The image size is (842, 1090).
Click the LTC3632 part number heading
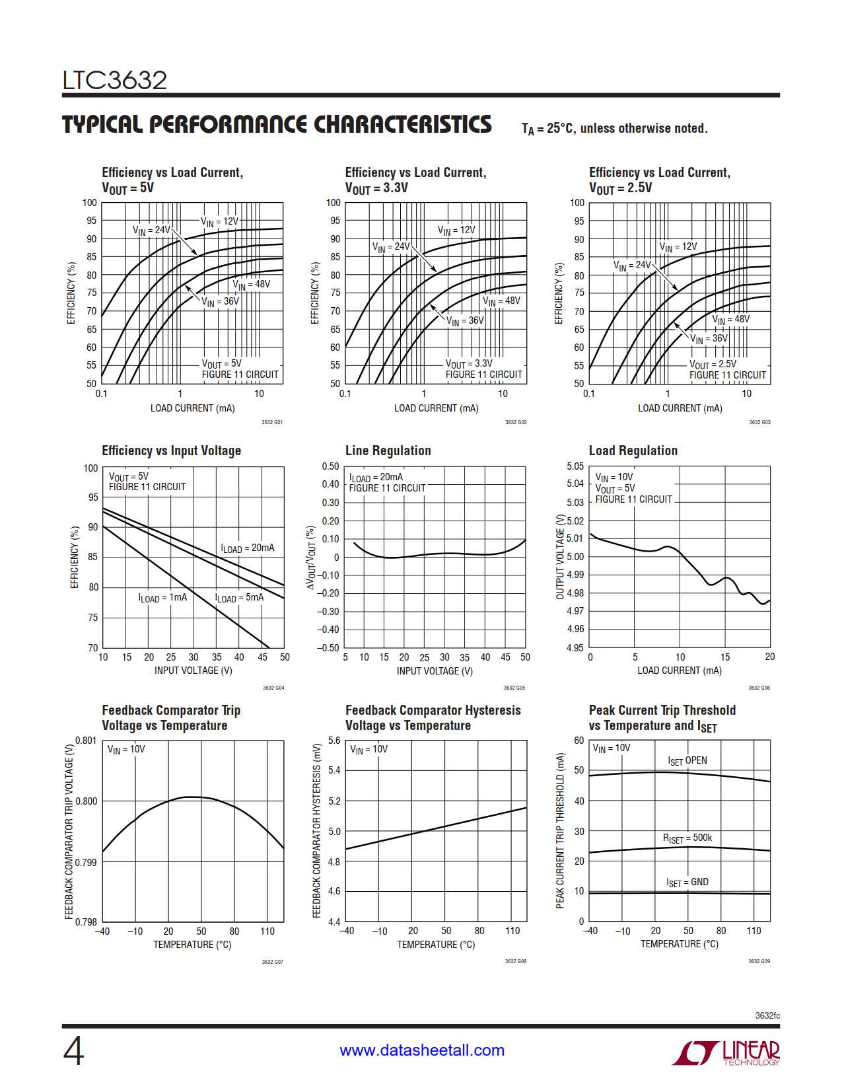[x=115, y=81]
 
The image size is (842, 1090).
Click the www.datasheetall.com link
[x=422, y=1050]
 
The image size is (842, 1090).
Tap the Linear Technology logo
[x=726, y=1052]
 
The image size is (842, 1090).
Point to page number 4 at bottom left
[x=73, y=1051]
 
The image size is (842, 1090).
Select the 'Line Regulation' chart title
[x=388, y=451]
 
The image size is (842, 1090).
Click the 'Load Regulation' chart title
[x=633, y=451]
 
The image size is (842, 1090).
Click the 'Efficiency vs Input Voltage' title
[x=171, y=451]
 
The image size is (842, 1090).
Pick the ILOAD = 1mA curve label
[x=162, y=598]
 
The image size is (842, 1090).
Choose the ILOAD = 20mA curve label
[x=248, y=548]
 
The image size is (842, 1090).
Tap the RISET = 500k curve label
[x=687, y=838]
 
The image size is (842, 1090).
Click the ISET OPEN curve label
[x=687, y=761]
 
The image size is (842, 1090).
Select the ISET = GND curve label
[x=687, y=883]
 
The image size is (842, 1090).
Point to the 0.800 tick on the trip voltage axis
[x=87, y=801]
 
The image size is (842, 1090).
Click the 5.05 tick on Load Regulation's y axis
[x=575, y=466]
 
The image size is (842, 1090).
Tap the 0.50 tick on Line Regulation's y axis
[x=331, y=466]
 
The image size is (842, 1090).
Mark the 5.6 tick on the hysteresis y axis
[x=334, y=741]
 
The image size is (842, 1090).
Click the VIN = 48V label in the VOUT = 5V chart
[x=251, y=285]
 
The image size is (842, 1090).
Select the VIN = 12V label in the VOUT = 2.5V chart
[x=678, y=247]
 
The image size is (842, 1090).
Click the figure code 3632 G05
[x=514, y=688]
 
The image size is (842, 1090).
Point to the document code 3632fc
[x=767, y=1015]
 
